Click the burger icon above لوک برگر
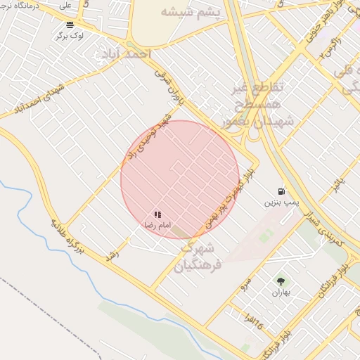coord(70,24)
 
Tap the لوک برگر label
coord(72,34)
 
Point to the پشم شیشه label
coord(190,13)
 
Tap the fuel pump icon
coord(281,191)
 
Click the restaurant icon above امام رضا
coord(158,214)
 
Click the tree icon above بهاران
coord(282,281)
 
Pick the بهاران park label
coord(282,292)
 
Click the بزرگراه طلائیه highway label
coord(67,236)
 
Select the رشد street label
coord(110,256)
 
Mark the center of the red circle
coord(180,179)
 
